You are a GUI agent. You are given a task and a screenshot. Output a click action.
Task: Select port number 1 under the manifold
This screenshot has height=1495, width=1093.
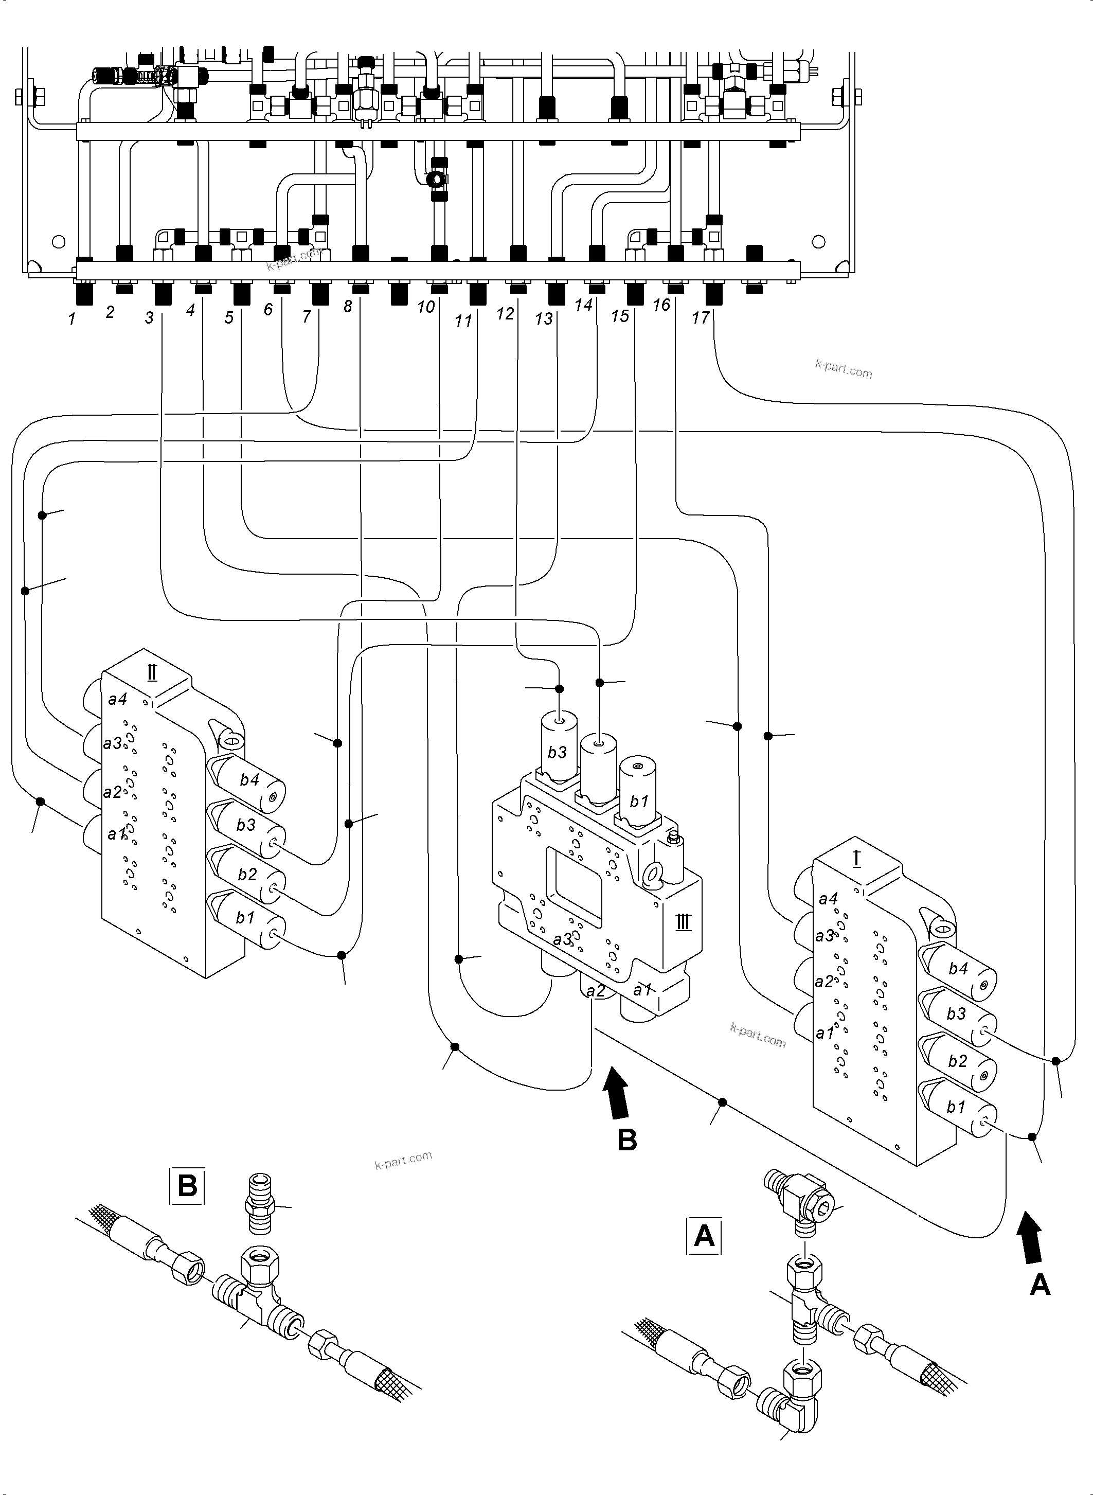point(71,319)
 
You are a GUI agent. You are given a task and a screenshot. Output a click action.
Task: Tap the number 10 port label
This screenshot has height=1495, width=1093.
point(425,307)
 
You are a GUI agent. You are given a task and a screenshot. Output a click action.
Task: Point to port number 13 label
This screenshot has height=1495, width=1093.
point(543,319)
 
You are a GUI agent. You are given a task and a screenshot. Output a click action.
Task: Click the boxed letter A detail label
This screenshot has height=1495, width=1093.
point(704,1236)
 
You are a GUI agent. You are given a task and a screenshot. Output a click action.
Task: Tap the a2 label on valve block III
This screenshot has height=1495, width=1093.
point(596,991)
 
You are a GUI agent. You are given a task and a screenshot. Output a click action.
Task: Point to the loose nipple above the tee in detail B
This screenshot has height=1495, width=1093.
point(259,1204)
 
